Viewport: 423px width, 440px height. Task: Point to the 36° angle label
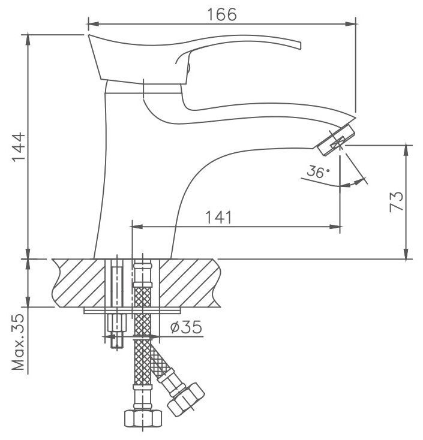pyautogui.click(x=317, y=173)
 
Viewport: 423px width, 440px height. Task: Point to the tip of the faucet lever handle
pyautogui.click(x=298, y=46)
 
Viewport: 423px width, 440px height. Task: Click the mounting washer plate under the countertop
pyautogui.click(x=132, y=311)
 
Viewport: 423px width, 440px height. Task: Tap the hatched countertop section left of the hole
pyautogui.click(x=78, y=282)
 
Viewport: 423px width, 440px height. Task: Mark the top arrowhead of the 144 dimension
pyautogui.click(x=28, y=34)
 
